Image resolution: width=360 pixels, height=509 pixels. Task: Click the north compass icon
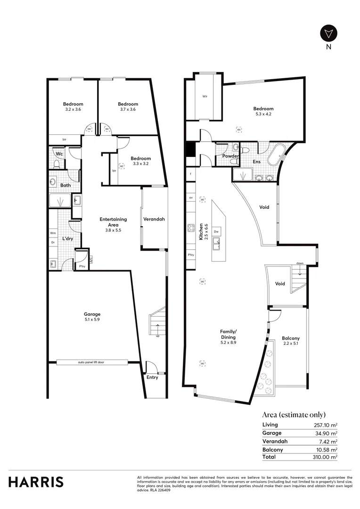tap(328, 33)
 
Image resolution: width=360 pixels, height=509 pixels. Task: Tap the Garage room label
tap(92, 317)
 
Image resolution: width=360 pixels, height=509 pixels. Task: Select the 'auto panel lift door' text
tap(92, 362)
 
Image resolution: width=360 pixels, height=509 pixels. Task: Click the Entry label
tap(152, 377)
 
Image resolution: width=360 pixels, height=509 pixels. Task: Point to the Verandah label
tap(154, 219)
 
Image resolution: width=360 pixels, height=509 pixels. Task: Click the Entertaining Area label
tap(113, 222)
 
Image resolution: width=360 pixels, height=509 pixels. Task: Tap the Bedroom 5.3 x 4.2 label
tap(262, 111)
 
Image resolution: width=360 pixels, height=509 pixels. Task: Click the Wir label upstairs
tap(205, 97)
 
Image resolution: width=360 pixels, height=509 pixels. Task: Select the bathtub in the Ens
tap(275, 155)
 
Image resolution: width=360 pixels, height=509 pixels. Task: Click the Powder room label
tap(230, 156)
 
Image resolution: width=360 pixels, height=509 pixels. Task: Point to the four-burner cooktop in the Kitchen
tap(191, 228)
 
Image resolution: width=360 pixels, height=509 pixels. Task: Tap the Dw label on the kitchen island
tap(216, 232)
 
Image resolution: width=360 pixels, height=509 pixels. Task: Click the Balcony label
tap(291, 341)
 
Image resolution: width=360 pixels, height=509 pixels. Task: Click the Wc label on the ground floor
tap(59, 154)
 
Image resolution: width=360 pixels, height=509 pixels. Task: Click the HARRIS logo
tap(36, 482)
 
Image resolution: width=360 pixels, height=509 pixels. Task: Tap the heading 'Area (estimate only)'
tap(294, 415)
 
